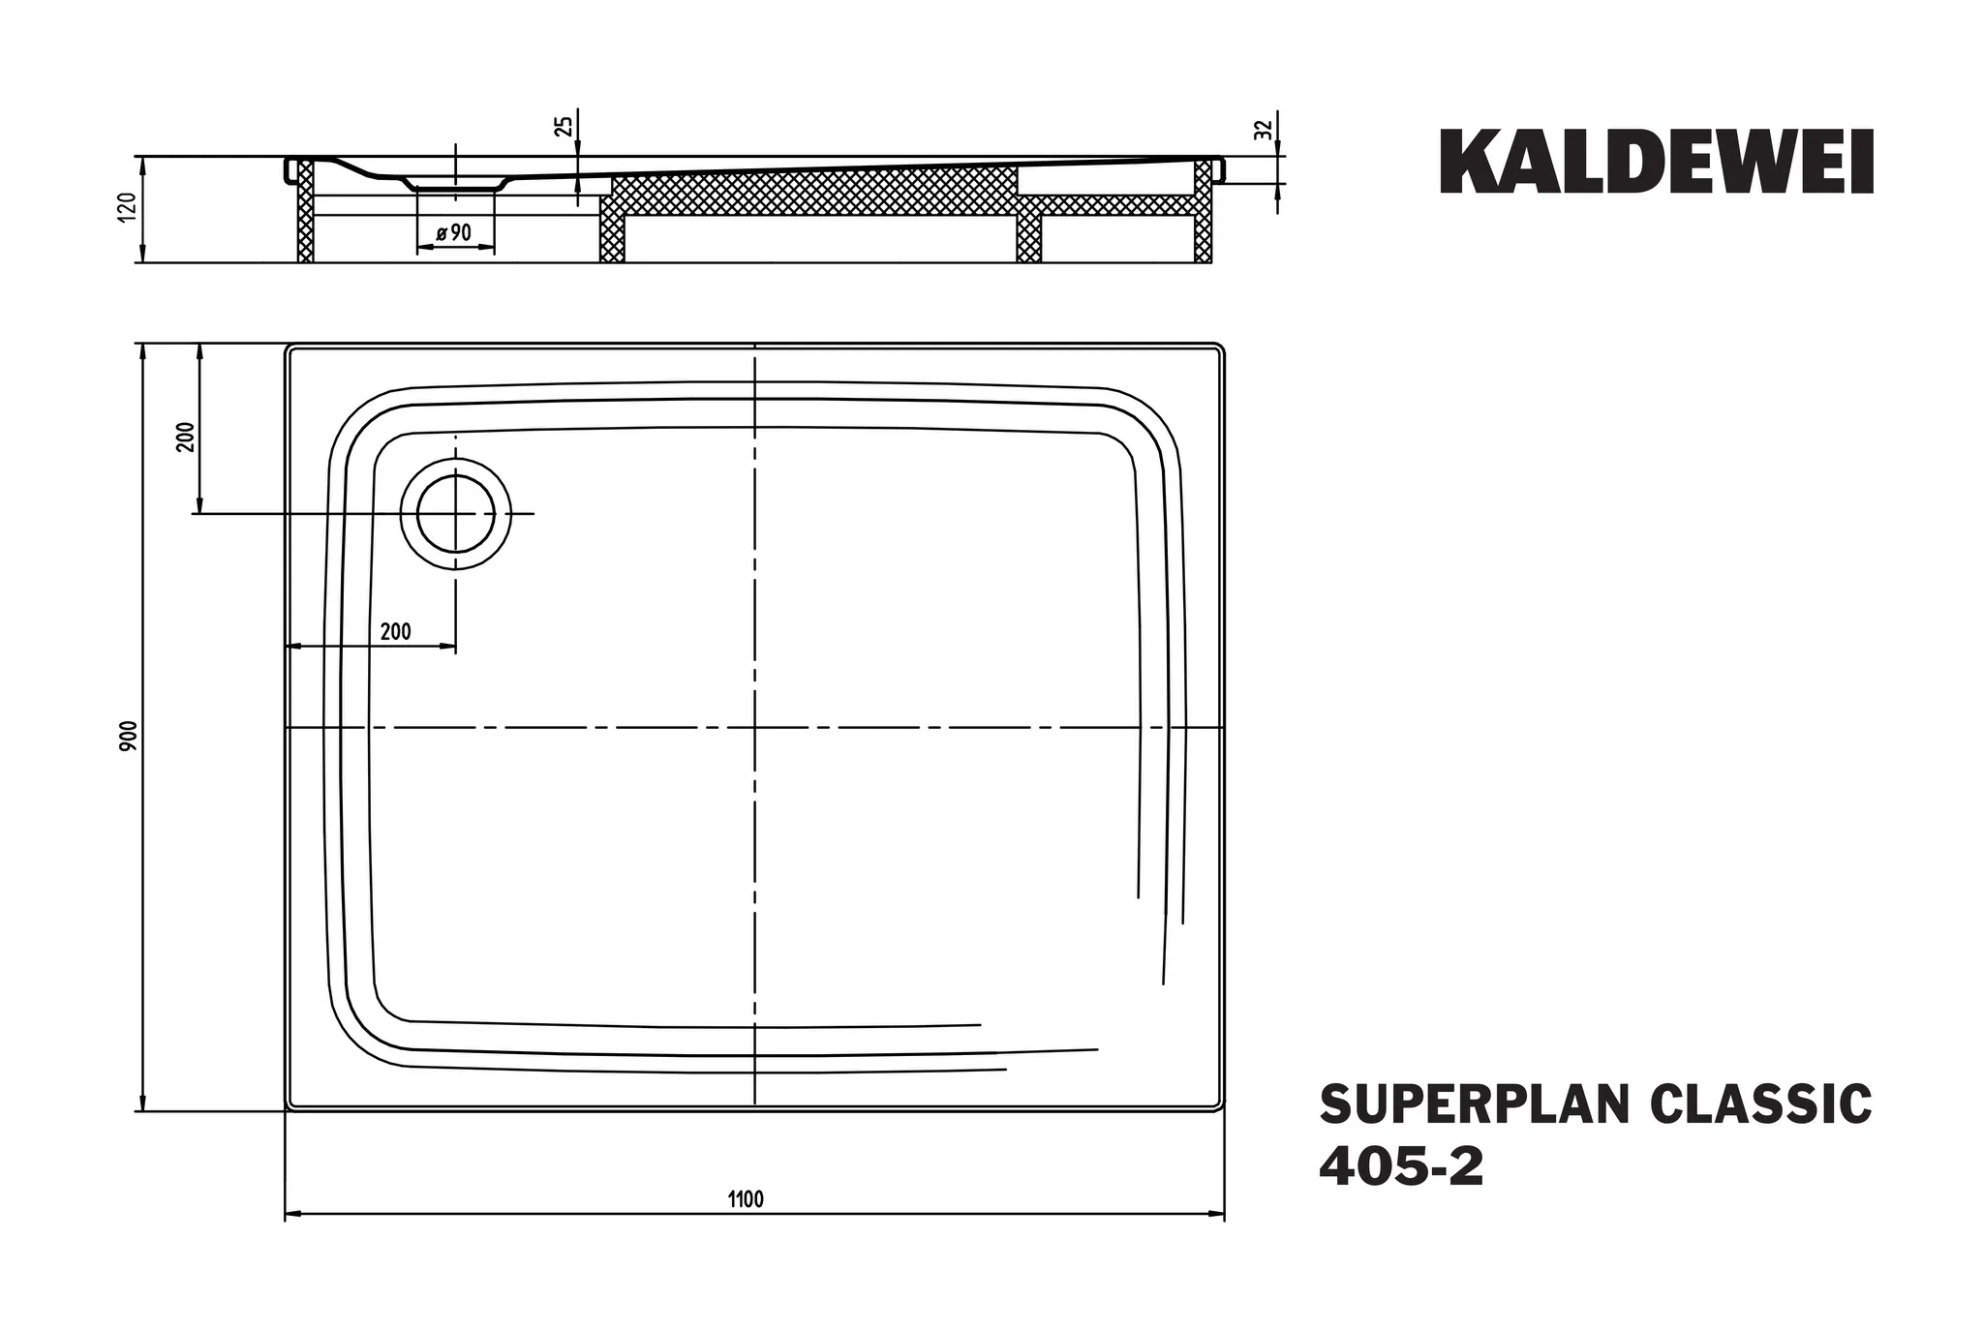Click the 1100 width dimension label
click(746, 1200)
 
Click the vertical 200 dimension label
click(187, 437)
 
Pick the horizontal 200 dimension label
click(395, 632)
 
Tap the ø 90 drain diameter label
click(453, 233)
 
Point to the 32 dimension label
click(1262, 130)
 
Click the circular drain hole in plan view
click(456, 514)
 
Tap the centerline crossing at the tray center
click(754, 726)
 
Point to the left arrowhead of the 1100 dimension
click(290, 1213)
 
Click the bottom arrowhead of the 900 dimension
click(143, 1105)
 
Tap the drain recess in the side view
click(455, 182)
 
